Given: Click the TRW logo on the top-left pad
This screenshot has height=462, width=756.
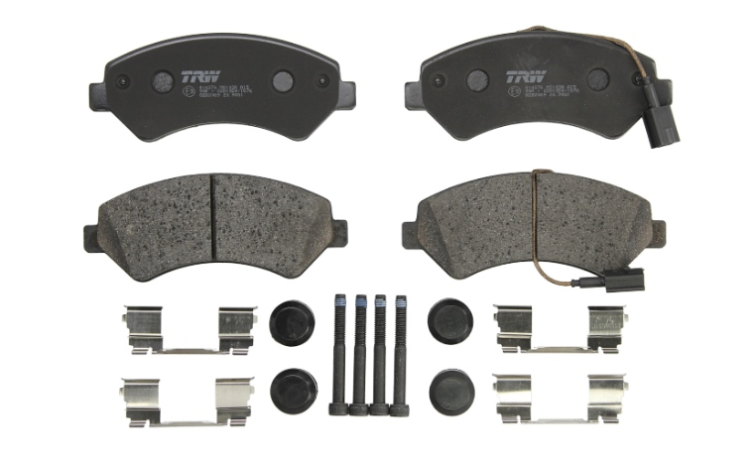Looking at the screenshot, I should coord(194,76).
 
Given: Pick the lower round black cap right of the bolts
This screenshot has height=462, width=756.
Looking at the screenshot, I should coord(450,388).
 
